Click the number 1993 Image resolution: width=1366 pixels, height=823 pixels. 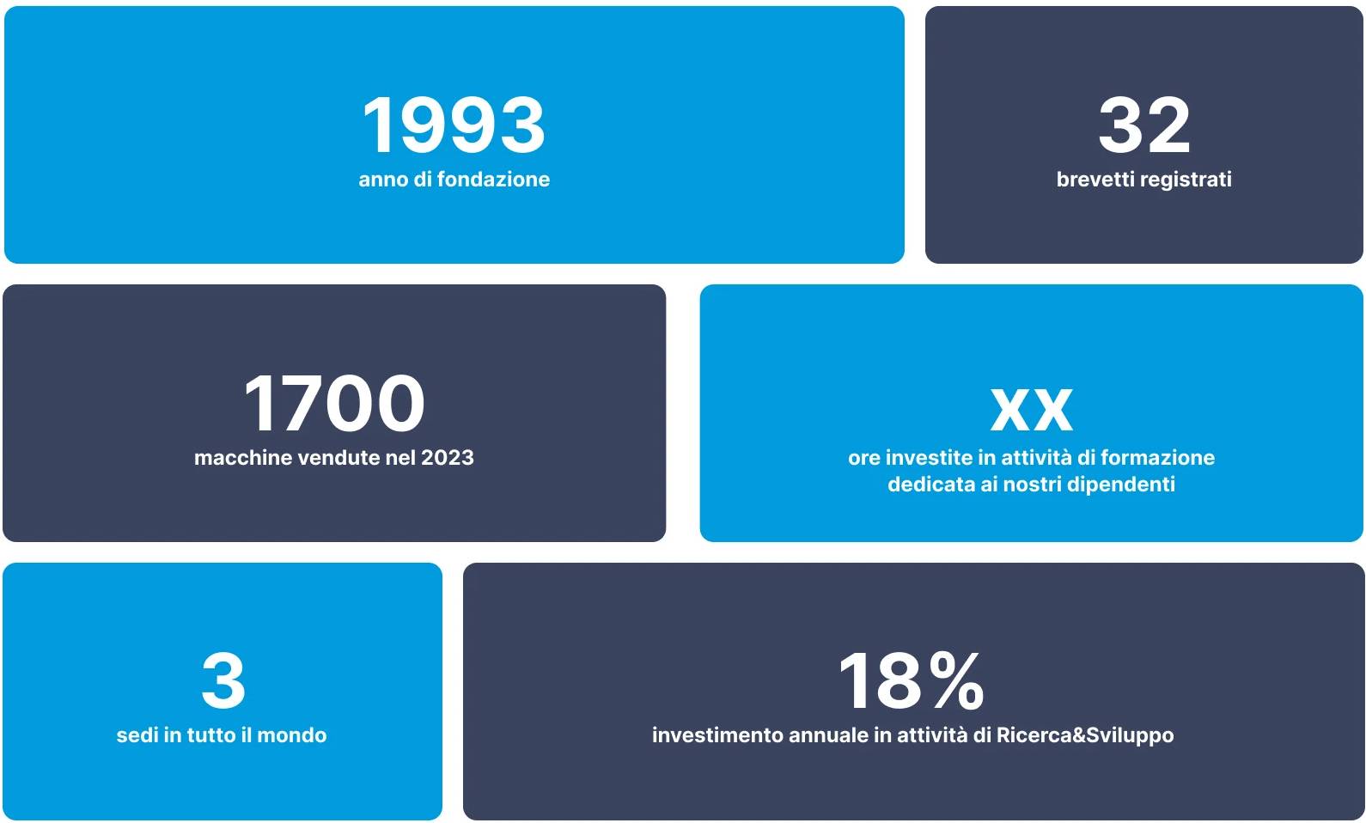tap(454, 125)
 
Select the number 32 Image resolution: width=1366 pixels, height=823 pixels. tap(1144, 125)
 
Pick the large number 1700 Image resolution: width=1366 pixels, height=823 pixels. tap(333, 403)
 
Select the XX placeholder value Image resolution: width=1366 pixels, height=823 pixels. tap(1031, 409)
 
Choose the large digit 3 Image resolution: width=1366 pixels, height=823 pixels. tap(223, 680)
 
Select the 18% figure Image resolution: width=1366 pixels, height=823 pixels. tap(912, 680)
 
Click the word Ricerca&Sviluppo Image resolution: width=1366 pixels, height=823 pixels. tap(1085, 736)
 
